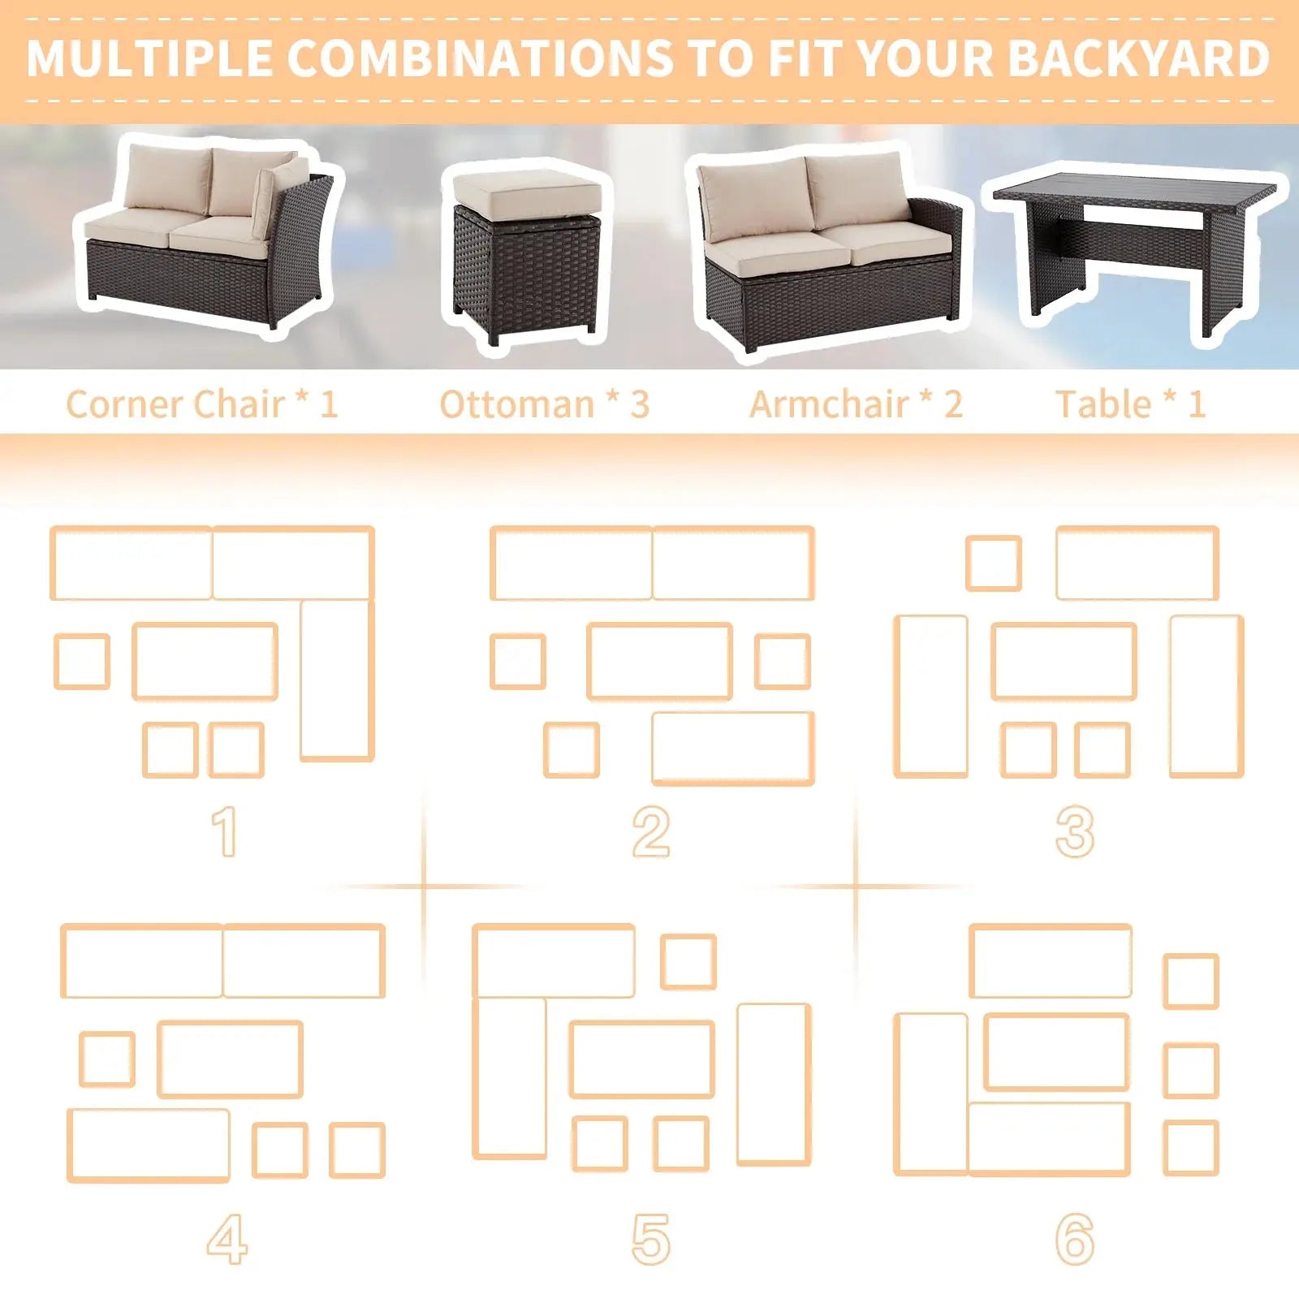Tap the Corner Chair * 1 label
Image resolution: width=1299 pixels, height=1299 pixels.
[x=201, y=404]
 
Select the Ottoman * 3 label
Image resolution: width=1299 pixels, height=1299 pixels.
[x=544, y=404]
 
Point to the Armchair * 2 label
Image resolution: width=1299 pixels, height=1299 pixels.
[x=856, y=404]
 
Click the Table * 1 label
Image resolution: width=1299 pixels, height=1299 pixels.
[x=1129, y=404]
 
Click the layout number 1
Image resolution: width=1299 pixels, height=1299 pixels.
[x=225, y=831]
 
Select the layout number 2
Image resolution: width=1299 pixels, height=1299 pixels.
[x=651, y=831]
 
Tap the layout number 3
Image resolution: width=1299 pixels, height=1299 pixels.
[x=1075, y=831]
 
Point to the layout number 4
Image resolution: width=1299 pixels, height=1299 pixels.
[x=227, y=1240]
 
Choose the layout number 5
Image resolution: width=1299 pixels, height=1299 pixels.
[x=651, y=1240]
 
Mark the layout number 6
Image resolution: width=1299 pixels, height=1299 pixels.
[x=1075, y=1240]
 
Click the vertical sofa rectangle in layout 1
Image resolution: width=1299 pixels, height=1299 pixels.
[x=337, y=680]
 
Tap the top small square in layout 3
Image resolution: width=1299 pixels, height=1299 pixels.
[x=994, y=563]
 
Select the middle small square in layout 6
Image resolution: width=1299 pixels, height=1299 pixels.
[x=1191, y=1071]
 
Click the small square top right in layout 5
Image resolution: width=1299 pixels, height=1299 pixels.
[x=688, y=962]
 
